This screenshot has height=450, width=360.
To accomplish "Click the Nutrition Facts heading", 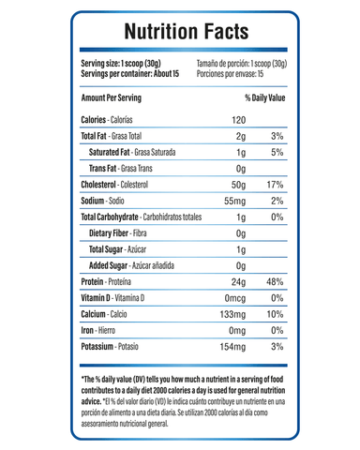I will pyautogui.click(x=180, y=33).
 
